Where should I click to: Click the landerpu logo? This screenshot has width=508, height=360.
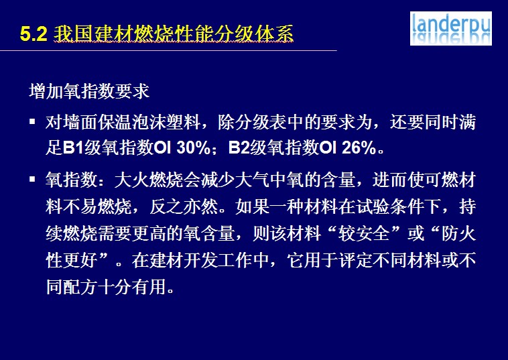[x=450, y=29]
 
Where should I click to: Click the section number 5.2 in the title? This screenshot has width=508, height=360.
[x=34, y=34]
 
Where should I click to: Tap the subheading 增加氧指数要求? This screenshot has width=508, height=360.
[x=89, y=91]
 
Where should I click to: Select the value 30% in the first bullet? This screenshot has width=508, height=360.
[x=194, y=147]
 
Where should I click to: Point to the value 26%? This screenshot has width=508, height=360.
[x=359, y=147]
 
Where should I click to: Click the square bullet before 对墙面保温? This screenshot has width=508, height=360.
[x=32, y=122]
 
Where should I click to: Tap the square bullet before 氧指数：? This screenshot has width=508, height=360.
[x=32, y=179]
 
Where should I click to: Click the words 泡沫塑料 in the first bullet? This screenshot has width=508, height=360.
[x=166, y=122]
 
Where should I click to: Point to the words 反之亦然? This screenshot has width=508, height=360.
[x=184, y=206]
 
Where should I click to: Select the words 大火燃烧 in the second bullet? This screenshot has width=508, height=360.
[x=149, y=180]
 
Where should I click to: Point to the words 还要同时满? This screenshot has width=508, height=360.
[x=432, y=122]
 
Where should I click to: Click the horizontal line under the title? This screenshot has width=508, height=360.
[x=168, y=50]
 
